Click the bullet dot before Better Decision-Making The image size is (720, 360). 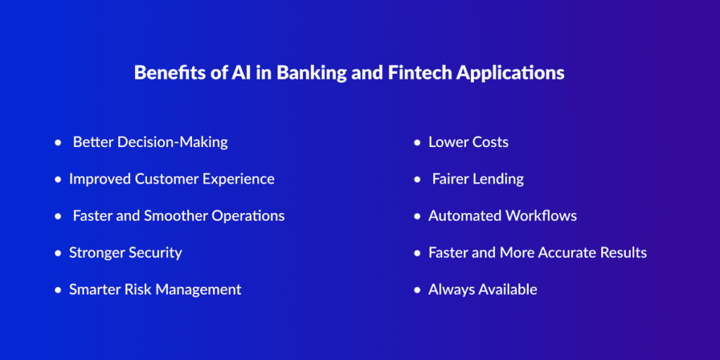tap(58, 143)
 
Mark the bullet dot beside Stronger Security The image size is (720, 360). tap(58, 253)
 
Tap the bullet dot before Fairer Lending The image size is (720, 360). tap(417, 179)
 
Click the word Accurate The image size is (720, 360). tap(566, 253)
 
